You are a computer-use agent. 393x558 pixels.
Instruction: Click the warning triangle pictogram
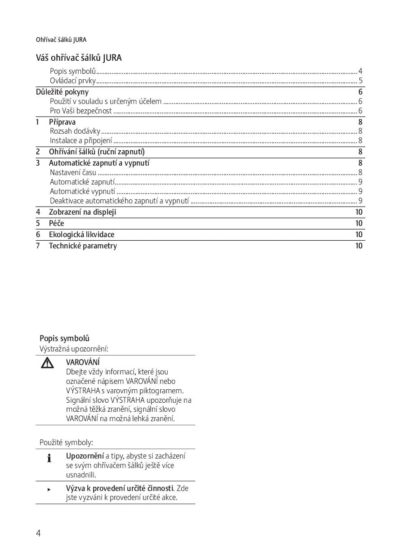tap(47, 363)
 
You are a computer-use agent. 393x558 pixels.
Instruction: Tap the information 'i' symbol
tap(49, 458)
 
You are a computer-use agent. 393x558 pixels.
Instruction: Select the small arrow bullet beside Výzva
tap(49, 489)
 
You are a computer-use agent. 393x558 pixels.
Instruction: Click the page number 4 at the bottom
tap(38, 533)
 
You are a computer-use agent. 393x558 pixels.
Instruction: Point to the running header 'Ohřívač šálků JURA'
tap(61, 40)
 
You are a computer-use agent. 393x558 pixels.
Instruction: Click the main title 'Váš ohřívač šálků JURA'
tap(79, 58)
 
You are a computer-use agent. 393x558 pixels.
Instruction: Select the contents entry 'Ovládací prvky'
tap(73, 81)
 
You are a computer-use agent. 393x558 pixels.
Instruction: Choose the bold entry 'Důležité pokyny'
tap(62, 92)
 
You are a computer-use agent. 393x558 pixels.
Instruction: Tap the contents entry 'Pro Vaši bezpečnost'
tap(81, 111)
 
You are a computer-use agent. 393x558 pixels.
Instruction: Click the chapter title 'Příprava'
tap(62, 122)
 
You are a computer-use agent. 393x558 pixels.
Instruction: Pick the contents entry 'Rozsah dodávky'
tap(75, 131)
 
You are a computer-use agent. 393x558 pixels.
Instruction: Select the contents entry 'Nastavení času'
tap(73, 172)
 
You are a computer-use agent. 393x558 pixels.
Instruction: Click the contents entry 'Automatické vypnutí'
tap(82, 191)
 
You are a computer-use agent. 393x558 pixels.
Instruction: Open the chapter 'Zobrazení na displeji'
tap(82, 212)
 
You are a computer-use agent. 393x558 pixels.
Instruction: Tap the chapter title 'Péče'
tap(57, 223)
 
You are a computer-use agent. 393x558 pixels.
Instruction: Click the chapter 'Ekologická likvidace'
tap(81, 234)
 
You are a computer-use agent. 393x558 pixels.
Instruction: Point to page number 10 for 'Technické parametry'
tap(359, 246)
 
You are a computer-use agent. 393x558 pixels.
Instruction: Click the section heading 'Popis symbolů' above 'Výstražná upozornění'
tap(64, 338)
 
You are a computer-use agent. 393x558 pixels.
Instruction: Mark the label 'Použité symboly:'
tap(66, 443)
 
